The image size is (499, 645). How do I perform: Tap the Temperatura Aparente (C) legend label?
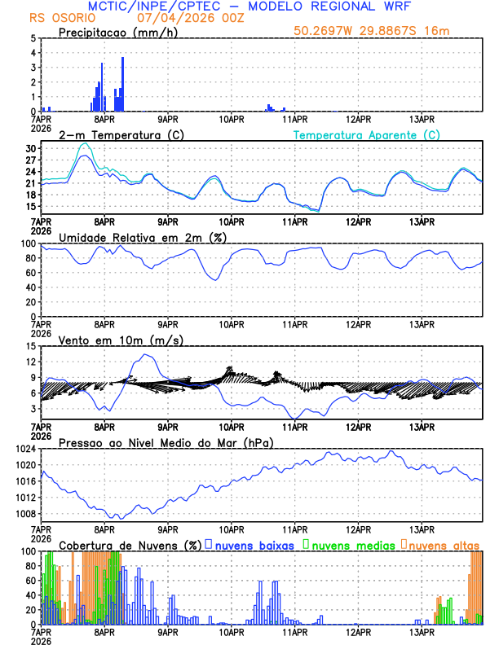click(367, 134)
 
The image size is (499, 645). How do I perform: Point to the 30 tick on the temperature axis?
click(31, 149)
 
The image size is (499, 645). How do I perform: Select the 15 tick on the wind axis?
click(31, 346)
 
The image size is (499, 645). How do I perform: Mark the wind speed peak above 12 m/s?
click(146, 355)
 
